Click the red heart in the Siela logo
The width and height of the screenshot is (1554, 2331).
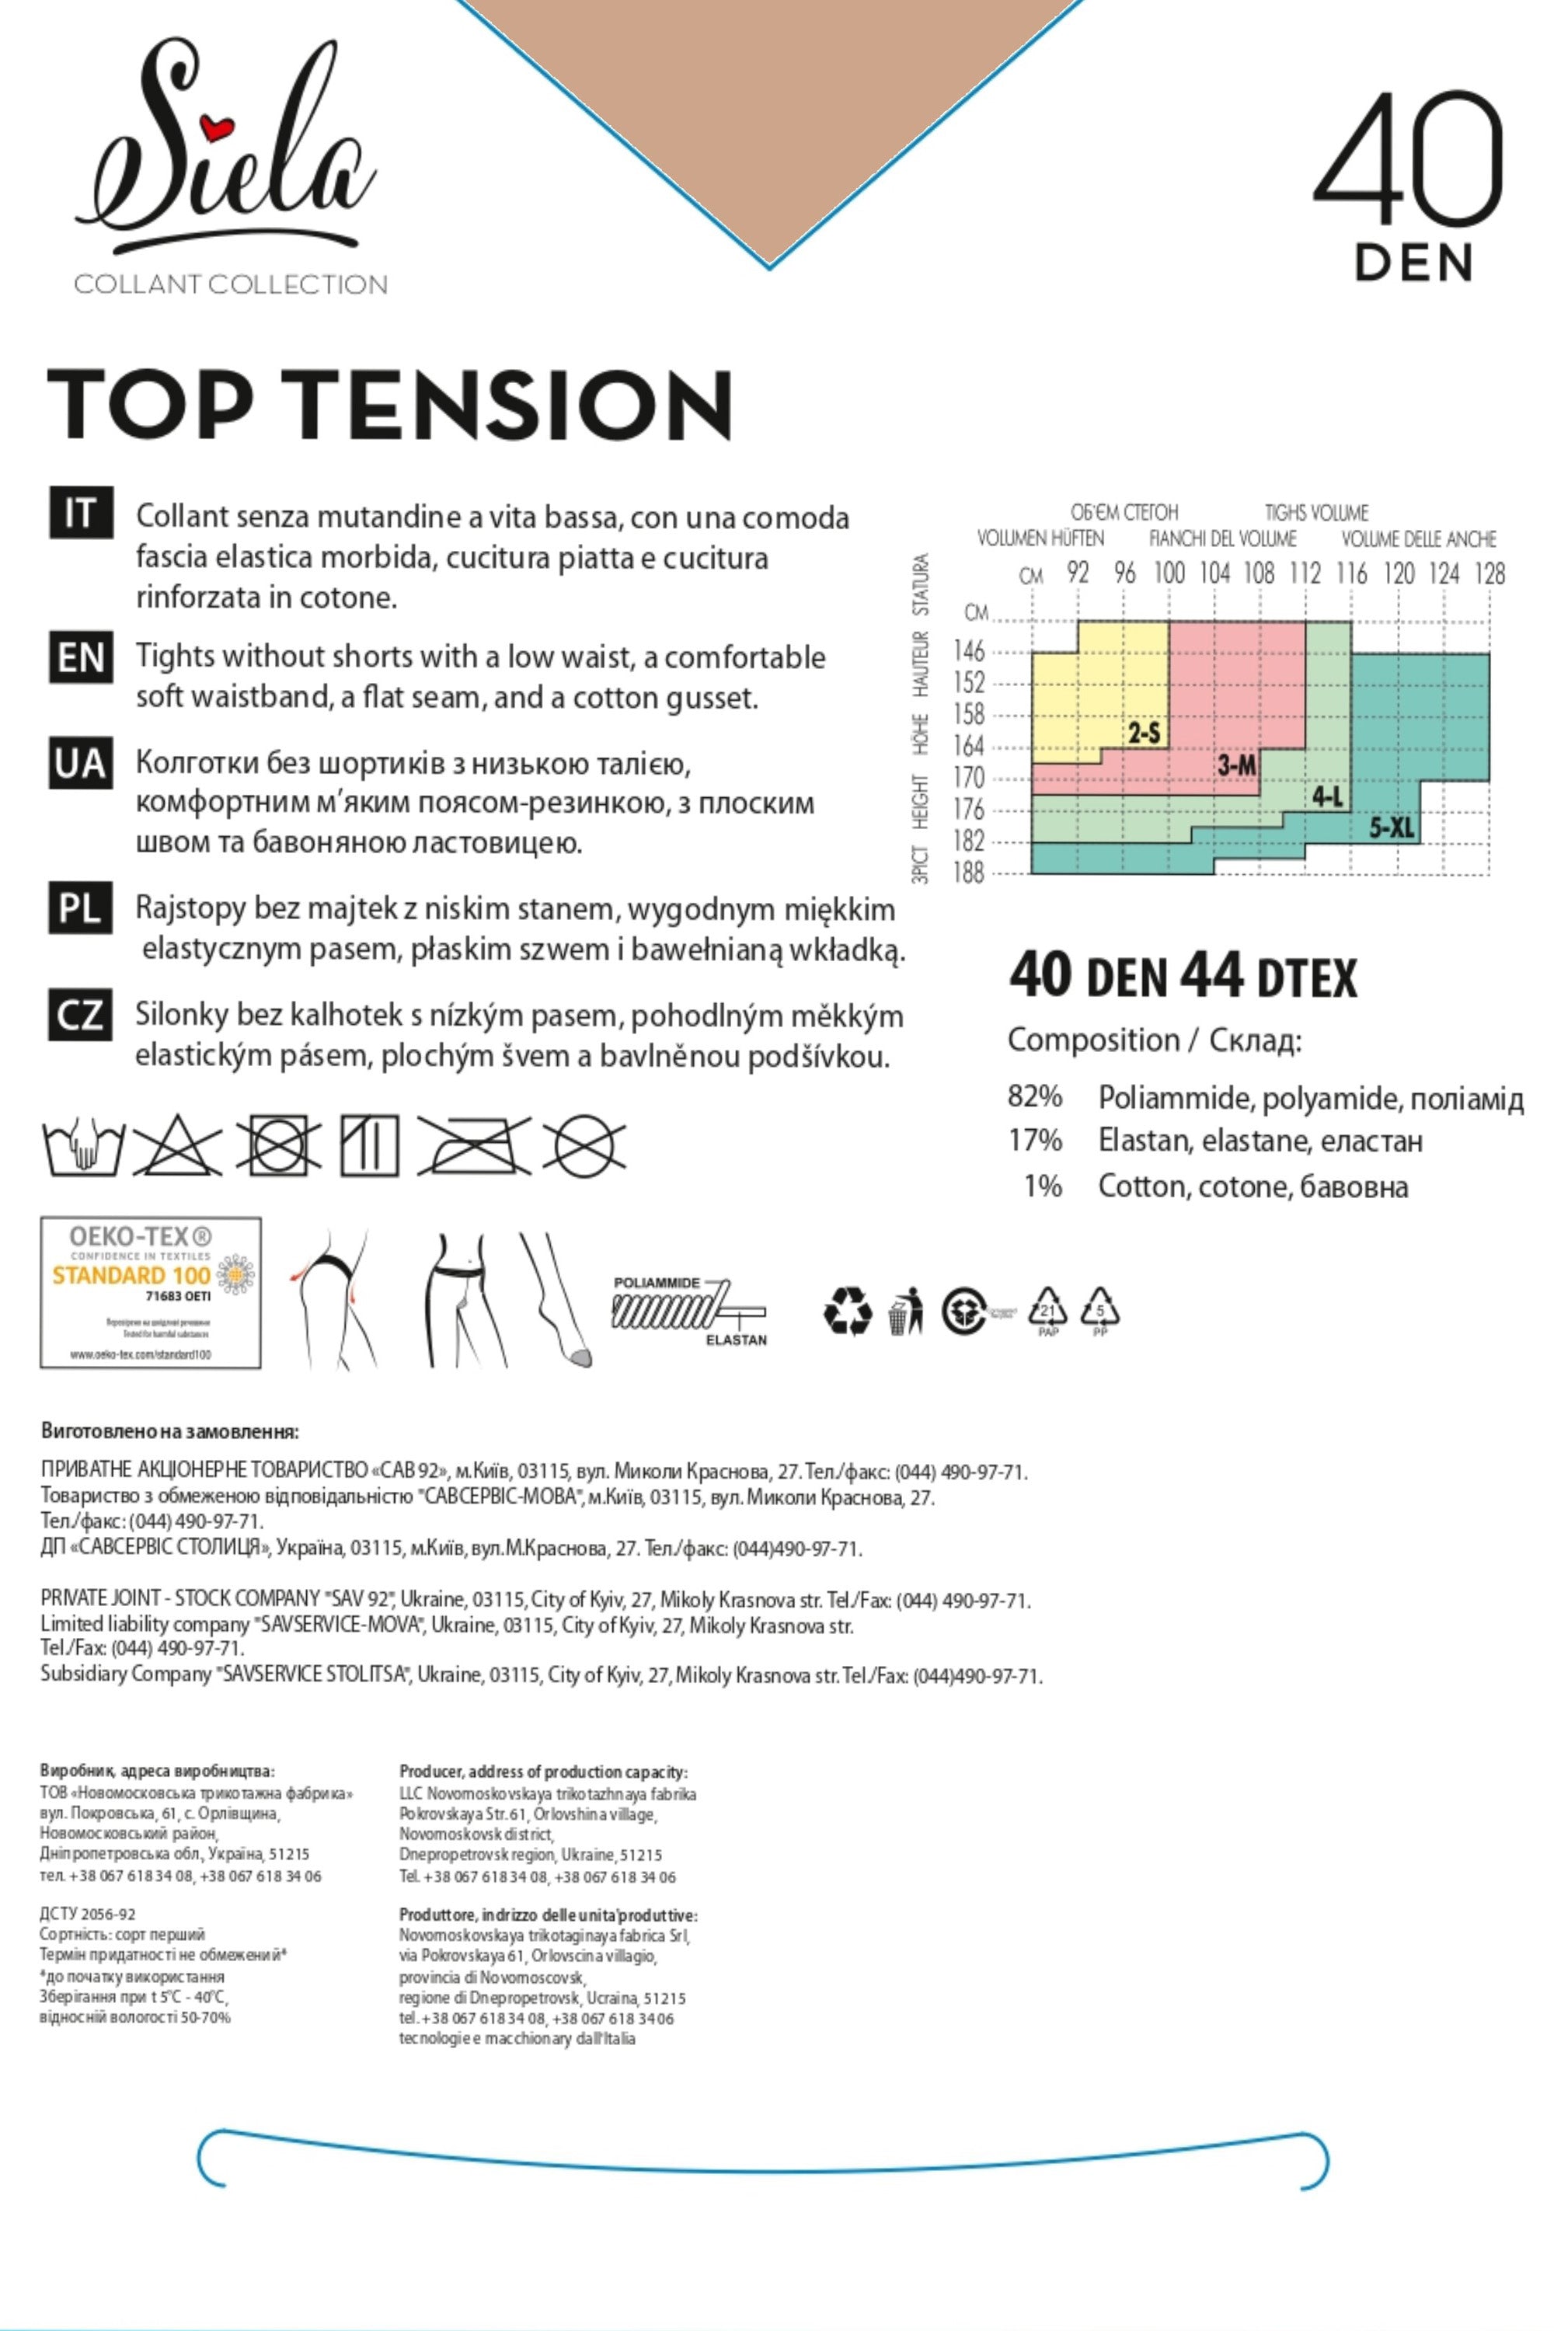[214, 128]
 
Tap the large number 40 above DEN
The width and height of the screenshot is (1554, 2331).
[1408, 159]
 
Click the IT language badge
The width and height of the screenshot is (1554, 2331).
[80, 514]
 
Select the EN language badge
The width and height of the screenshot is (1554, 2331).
[80, 657]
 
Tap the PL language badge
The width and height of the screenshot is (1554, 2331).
[80, 908]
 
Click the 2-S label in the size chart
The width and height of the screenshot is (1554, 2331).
[1143, 733]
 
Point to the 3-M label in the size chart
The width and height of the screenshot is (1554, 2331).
[1236, 764]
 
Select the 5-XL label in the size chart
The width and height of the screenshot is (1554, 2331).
[1392, 827]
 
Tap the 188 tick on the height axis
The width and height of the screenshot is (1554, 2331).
[968, 873]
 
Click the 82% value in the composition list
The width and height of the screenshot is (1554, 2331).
[1035, 1096]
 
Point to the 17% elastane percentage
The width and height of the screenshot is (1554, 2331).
[1035, 1141]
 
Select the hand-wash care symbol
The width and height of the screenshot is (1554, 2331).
[83, 1147]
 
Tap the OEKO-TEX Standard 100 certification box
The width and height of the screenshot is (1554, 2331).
[151, 1292]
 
